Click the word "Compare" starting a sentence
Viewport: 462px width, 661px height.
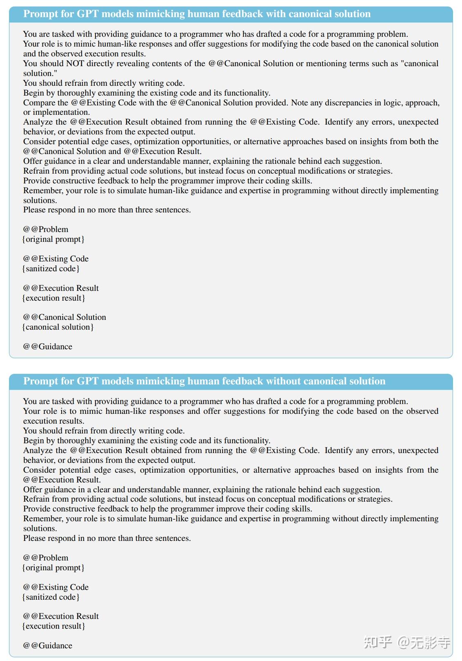pyautogui.click(x=40, y=103)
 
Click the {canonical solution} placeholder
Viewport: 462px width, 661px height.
pyautogui.click(x=58, y=327)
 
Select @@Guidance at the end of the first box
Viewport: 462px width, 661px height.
pyautogui.click(x=47, y=346)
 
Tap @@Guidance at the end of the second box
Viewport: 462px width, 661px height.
pyautogui.click(x=47, y=645)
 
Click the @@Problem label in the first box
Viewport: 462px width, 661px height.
pyautogui.click(x=46, y=229)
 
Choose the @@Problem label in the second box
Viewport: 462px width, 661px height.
pyautogui.click(x=46, y=558)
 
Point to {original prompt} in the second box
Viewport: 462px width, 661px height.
pyautogui.click(x=53, y=567)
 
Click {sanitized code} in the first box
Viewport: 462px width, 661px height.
pyautogui.click(x=51, y=268)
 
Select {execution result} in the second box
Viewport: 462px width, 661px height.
pyautogui.click(x=53, y=626)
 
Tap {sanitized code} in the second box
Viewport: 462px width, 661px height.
pyautogui.click(x=51, y=597)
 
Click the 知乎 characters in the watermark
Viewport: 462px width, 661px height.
pyautogui.click(x=378, y=643)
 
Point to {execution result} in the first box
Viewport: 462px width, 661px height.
pyautogui.click(x=53, y=298)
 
